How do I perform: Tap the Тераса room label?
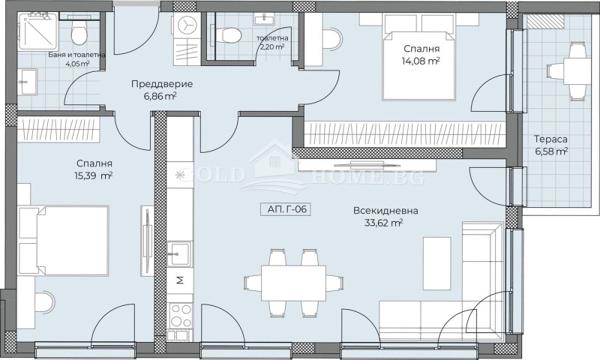click(x=550, y=139)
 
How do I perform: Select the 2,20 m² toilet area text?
click(x=271, y=46)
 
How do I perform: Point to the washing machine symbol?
click(x=185, y=26)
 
